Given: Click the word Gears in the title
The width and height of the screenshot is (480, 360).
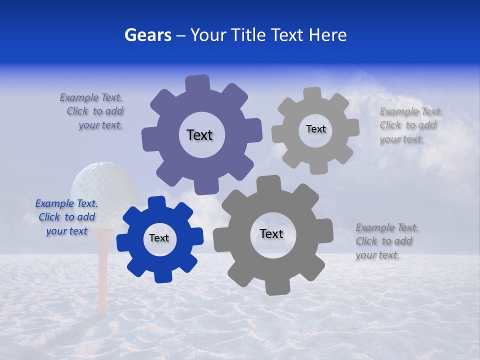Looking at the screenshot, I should pyautogui.click(x=147, y=35).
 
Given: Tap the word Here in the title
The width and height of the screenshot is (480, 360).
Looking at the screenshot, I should pyautogui.click(x=327, y=35).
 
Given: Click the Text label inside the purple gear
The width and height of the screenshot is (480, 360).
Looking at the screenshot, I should pyautogui.click(x=199, y=135).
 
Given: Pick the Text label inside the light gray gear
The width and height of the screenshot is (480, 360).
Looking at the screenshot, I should pyautogui.click(x=315, y=129).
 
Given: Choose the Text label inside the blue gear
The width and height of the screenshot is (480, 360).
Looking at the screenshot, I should pyautogui.click(x=159, y=238).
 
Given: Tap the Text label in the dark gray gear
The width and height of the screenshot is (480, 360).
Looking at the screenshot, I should pyautogui.click(x=271, y=233).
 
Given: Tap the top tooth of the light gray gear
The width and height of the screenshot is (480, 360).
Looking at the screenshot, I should pyautogui.click(x=312, y=93).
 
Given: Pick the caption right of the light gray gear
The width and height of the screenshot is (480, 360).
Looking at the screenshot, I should pyautogui.click(x=410, y=125).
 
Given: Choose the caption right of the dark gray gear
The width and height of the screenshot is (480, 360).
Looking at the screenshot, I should pyautogui.click(x=386, y=241).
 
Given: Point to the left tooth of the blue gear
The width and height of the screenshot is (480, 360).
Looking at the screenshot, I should pyautogui.click(x=123, y=242).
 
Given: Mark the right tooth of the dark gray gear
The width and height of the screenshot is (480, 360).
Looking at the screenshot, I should pyautogui.click(x=326, y=230).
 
